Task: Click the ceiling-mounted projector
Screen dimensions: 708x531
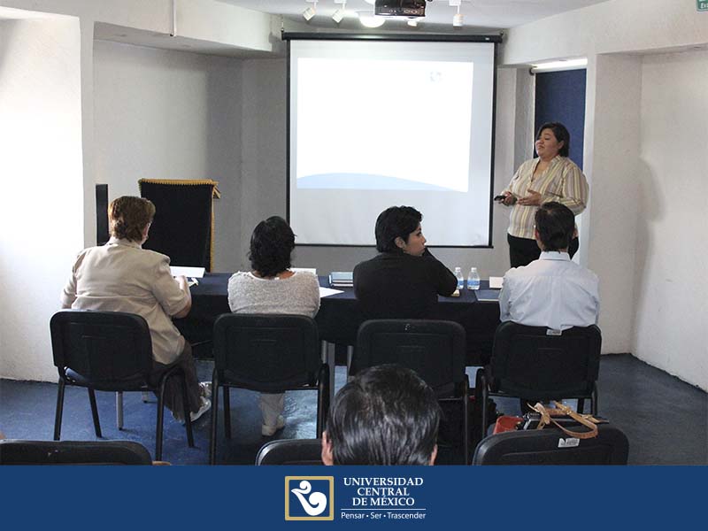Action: tap(400, 8)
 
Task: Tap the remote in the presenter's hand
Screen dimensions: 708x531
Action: tap(501, 196)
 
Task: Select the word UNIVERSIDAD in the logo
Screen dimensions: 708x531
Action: tap(383, 481)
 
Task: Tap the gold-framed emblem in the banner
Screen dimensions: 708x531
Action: tap(309, 498)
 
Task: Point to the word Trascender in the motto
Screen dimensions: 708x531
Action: tap(406, 515)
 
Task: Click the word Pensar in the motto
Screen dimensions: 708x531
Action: tap(352, 515)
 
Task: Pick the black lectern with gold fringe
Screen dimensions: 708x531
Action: tap(179, 223)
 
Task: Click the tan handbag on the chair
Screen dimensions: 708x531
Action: tap(565, 419)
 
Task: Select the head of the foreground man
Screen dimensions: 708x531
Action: tap(382, 416)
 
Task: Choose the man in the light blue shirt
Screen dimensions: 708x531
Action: tap(550, 275)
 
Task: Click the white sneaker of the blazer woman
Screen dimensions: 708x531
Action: tap(201, 409)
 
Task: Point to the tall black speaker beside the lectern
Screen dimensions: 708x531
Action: tap(102, 214)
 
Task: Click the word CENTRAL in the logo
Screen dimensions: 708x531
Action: tap(383, 491)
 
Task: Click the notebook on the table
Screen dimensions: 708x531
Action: tap(342, 279)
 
